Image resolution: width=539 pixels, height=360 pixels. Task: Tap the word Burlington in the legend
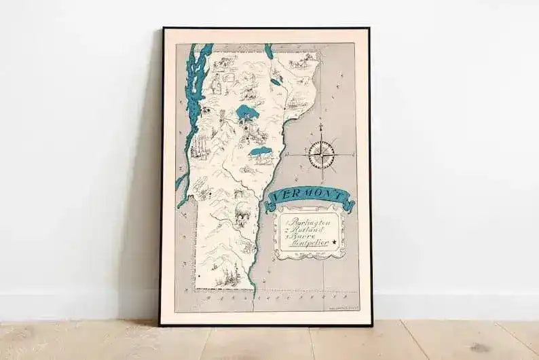point(308,221)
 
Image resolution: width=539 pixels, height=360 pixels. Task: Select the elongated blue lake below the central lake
point(261,151)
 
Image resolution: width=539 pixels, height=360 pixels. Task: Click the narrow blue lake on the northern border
point(269,52)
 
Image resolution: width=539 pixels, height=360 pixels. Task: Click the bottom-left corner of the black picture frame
point(161,324)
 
